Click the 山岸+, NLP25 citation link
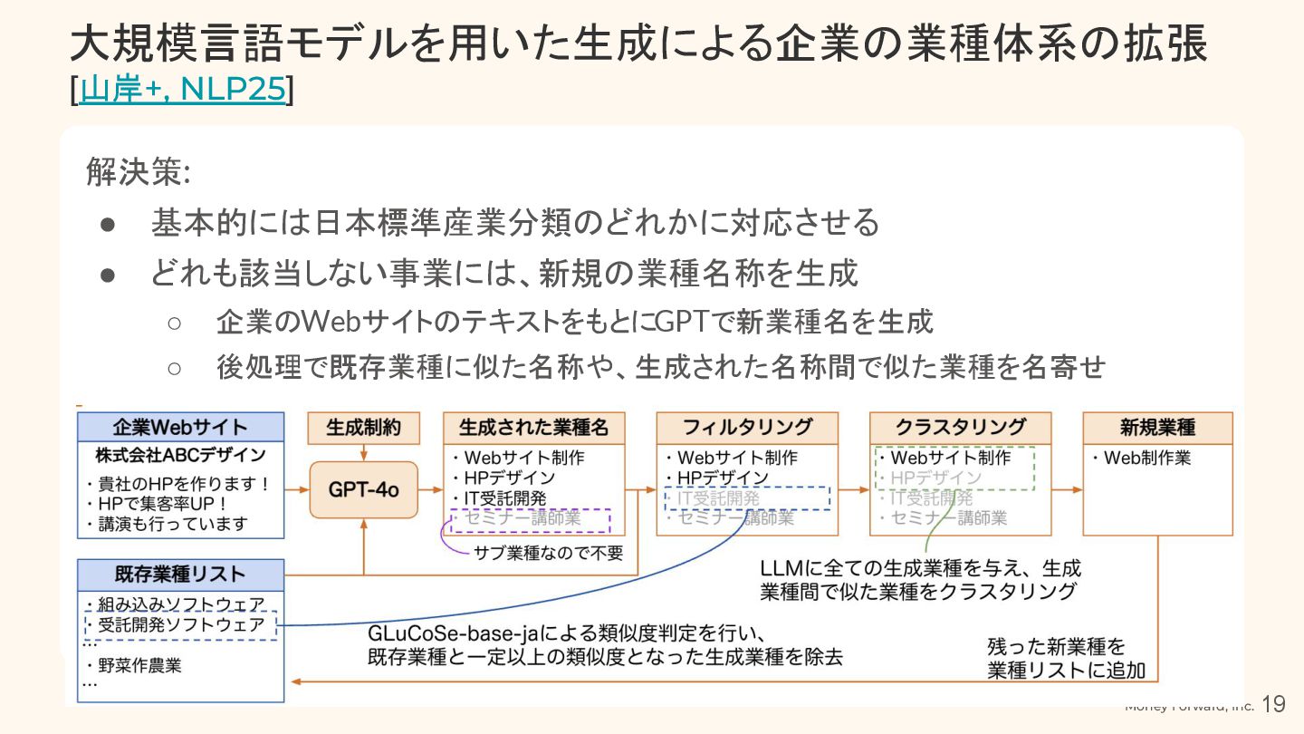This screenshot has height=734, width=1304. point(183,90)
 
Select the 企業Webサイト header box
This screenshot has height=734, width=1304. point(180,428)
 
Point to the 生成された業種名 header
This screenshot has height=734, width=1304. point(533,428)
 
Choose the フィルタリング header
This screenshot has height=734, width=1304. point(747,428)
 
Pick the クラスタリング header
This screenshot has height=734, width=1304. point(960,428)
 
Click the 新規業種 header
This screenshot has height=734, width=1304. point(1157,428)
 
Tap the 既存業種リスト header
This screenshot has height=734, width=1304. point(180,574)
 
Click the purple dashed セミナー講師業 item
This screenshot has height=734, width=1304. point(531,519)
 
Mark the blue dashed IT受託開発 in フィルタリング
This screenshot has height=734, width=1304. point(746,498)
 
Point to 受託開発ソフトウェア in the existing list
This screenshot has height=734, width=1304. point(181,625)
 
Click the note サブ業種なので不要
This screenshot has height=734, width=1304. point(549,552)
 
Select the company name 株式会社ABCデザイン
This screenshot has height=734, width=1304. point(180,455)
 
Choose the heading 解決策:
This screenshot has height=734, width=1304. point(137,171)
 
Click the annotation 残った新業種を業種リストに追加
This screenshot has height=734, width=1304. point(1066,659)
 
